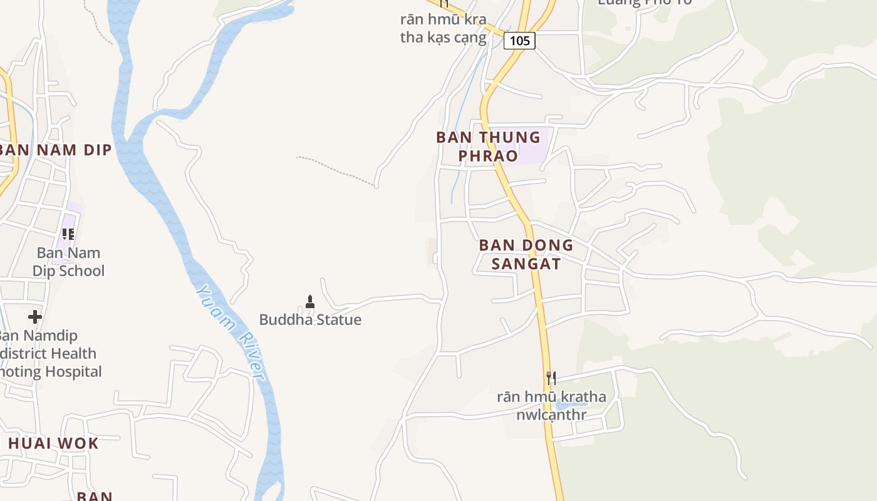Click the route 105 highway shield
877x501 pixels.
[x=519, y=41]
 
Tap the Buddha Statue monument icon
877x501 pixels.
[x=309, y=302]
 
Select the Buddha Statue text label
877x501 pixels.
[x=310, y=320]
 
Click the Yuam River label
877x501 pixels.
[x=230, y=332]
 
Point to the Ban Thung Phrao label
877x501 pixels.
[x=488, y=146]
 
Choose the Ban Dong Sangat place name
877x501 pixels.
[x=526, y=254]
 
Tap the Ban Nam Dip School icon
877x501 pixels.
[x=68, y=234]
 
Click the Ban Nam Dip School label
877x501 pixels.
[x=68, y=262]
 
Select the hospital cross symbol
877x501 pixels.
[x=35, y=316]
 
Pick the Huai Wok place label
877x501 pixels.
[x=53, y=443]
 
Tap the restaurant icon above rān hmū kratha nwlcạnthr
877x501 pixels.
[x=551, y=378]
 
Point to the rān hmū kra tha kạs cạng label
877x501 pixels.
[x=444, y=28]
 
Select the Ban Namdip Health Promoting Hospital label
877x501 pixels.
[x=50, y=353]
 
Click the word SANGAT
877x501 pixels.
[x=526, y=263]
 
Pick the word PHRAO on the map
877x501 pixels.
[x=488, y=155]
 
